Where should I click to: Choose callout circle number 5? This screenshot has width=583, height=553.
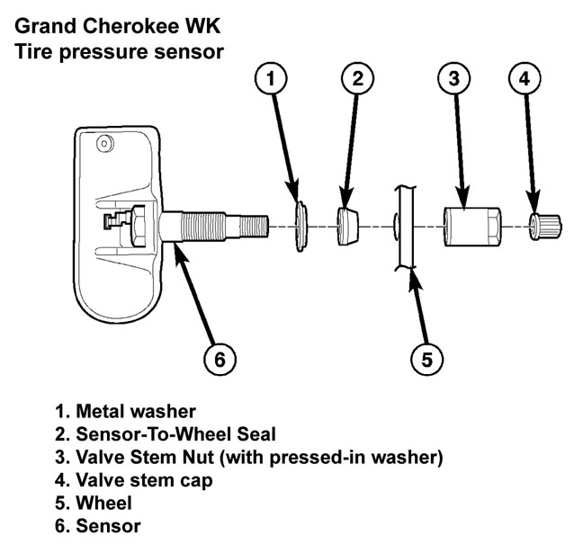pyautogui.click(x=428, y=360)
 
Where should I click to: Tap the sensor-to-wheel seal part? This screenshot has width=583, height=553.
pyautogui.click(x=345, y=225)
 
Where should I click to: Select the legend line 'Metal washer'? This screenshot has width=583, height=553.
pyautogui.click(x=136, y=412)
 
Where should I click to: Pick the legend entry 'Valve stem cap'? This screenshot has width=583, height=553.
pyautogui.click(x=145, y=480)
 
